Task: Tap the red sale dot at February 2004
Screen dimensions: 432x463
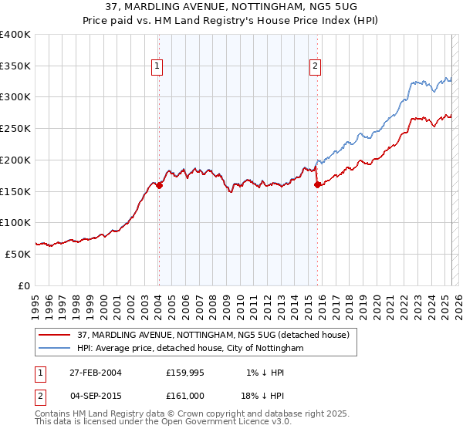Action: coord(159,185)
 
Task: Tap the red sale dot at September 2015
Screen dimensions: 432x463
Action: coord(317,184)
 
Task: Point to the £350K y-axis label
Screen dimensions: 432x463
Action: coord(15,66)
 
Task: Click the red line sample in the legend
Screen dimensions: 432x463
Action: coord(55,335)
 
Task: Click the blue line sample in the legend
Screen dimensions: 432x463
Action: coord(55,349)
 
